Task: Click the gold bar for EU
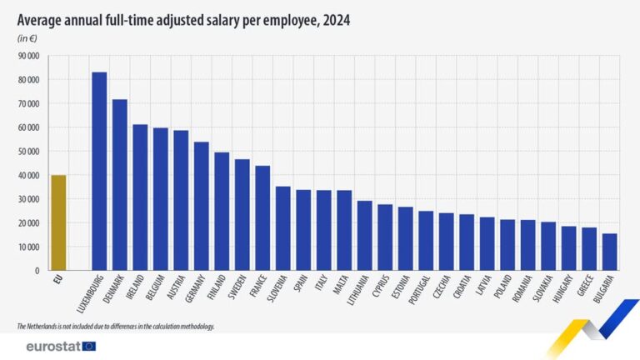coord(58,222)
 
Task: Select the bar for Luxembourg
coord(99,171)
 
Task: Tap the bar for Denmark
coord(120,185)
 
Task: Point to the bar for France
coord(262,217)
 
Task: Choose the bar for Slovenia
coord(283,228)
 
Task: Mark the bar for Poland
coord(507,245)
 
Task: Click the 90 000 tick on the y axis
coord(28,56)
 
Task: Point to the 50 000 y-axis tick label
coord(28,152)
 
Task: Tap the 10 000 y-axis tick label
coord(28,247)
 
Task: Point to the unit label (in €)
coord(27,38)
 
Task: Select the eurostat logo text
coord(52,346)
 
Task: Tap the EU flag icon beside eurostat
coord(89,346)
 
